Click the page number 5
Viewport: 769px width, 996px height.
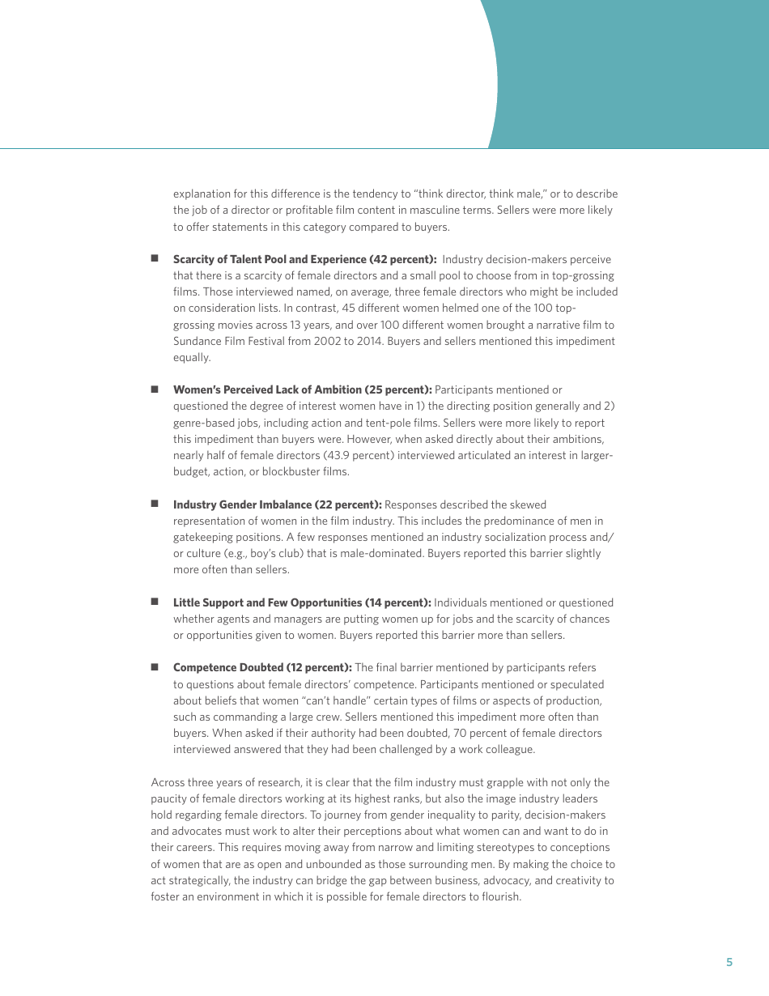click(x=729, y=962)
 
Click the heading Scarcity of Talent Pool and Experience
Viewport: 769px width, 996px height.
click(x=304, y=259)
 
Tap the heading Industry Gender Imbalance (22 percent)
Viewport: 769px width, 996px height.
click(x=277, y=504)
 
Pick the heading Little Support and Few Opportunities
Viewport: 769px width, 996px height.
click(x=302, y=602)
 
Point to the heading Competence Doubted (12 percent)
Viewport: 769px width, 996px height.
click(x=262, y=667)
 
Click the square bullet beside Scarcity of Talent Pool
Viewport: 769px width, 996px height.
click(x=154, y=259)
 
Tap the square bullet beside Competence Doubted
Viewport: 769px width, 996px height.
click(x=154, y=667)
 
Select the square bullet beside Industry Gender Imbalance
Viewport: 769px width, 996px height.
click(x=154, y=504)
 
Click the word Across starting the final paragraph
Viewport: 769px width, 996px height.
click(x=168, y=782)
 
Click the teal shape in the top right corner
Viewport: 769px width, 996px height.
click(x=639, y=73)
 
